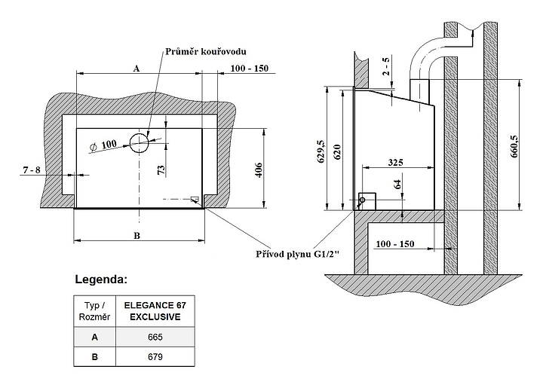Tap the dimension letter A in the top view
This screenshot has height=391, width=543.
(x=137, y=68)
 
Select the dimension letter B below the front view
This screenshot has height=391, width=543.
(x=137, y=235)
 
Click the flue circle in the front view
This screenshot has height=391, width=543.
(x=139, y=140)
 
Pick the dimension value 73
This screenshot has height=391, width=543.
(x=161, y=170)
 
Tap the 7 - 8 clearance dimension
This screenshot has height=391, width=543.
(x=32, y=172)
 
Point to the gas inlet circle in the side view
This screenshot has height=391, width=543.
(x=362, y=200)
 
